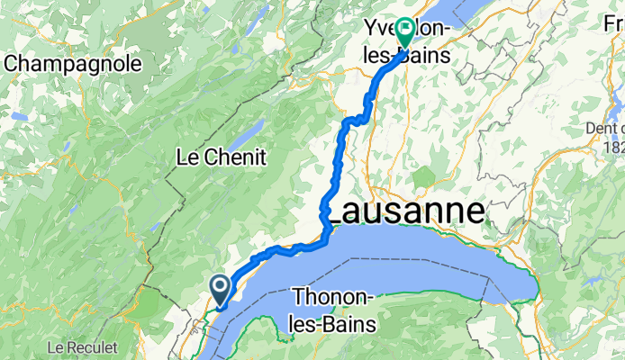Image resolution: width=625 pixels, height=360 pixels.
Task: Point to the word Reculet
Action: (x=94, y=346)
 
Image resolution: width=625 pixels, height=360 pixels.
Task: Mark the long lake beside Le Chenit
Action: (x=237, y=137)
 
